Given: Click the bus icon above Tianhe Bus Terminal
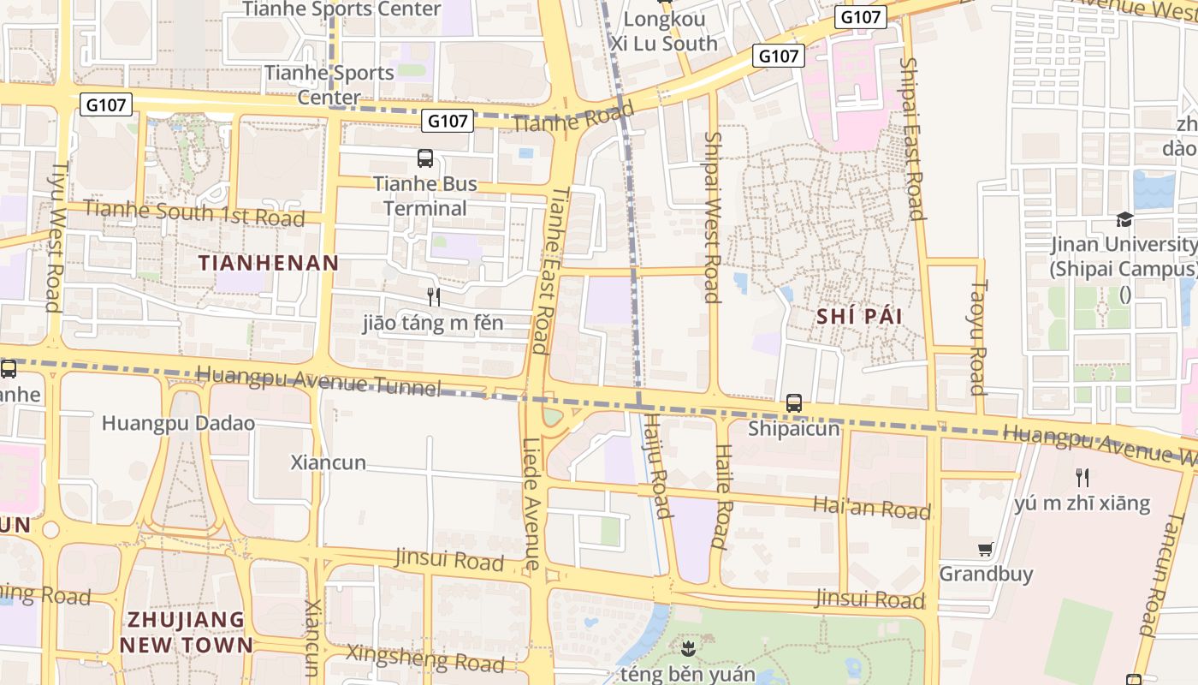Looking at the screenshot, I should (425, 158).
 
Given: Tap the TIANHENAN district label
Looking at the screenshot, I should (269, 263).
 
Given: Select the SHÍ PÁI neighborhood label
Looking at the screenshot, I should (859, 316).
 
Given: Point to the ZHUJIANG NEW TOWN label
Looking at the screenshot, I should (187, 632).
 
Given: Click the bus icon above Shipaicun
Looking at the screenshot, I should (794, 402).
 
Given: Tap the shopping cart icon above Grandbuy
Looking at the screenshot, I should (985, 549).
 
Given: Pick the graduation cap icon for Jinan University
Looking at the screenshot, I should (1124, 220).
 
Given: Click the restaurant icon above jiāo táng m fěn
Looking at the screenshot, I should (434, 297).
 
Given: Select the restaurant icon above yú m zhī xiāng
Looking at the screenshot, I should (1082, 477).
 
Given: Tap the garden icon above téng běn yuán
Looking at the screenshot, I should (687, 647).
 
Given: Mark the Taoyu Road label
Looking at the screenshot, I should (978, 337).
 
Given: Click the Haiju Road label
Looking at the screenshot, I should (656, 465).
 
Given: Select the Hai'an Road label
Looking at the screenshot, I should (871, 508).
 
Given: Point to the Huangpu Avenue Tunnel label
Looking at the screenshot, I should (318, 381).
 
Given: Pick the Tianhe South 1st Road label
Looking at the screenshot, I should (194, 213).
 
